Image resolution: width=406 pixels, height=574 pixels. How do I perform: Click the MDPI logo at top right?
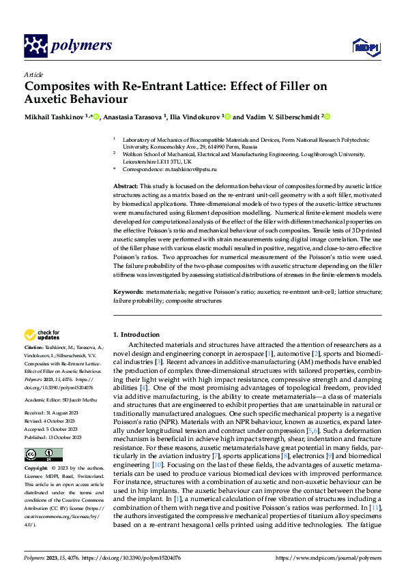[363, 46]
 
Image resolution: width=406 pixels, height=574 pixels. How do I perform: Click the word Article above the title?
[33, 74]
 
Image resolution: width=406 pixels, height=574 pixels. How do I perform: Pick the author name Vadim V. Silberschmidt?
[282, 117]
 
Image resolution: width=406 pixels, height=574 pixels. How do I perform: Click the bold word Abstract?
[126, 186]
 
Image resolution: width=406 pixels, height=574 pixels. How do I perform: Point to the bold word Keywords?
[128, 292]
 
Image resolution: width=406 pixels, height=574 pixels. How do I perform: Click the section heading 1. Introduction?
[136, 335]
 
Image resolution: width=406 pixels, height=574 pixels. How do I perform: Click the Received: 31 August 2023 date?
[53, 413]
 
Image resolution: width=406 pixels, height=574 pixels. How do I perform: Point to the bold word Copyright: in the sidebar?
[36, 470]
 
